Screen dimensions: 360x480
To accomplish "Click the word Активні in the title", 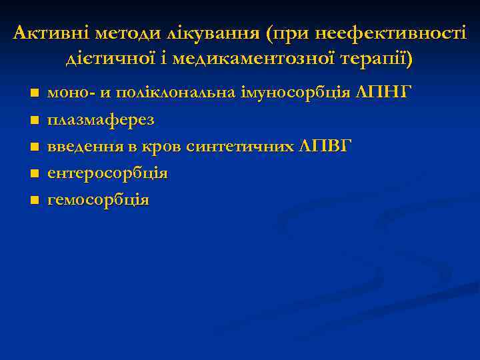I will pyautogui.click(x=51, y=33).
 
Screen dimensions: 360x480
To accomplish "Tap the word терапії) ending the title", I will pyautogui.click(x=374, y=59).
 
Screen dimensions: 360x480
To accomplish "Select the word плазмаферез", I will pyautogui.click(x=101, y=119).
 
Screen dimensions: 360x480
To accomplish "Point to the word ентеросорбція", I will pyautogui.click(x=107, y=173).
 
